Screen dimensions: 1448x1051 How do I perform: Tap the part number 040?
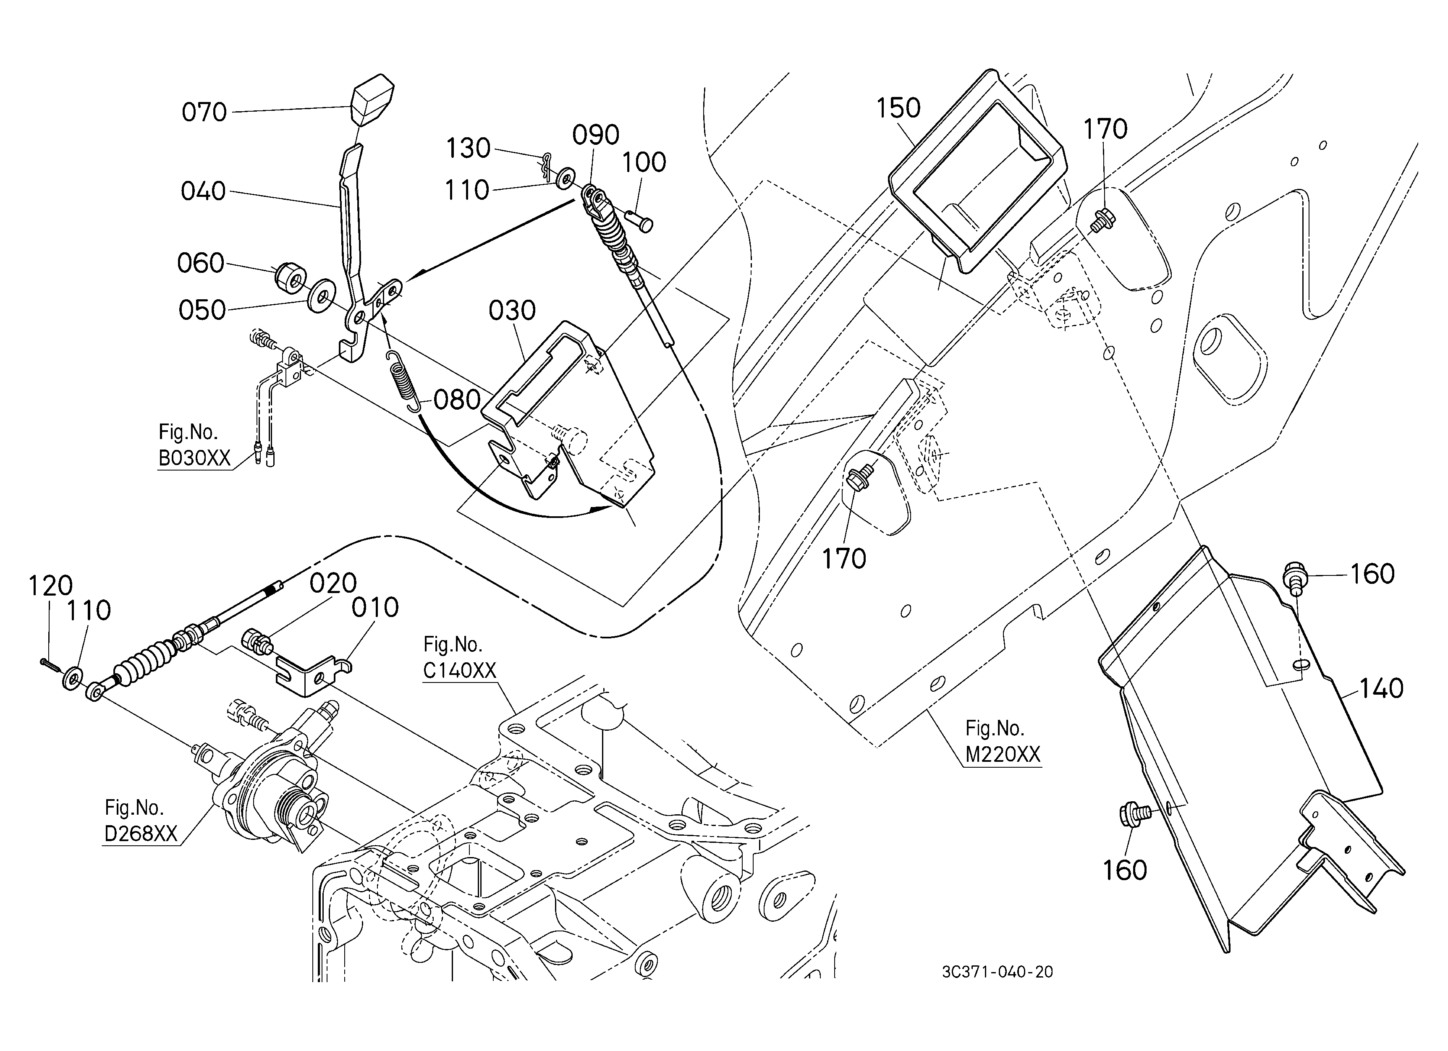[203, 191]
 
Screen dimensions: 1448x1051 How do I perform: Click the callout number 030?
[512, 311]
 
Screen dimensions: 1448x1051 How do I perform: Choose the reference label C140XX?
[459, 671]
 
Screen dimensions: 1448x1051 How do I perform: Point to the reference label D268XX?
[141, 834]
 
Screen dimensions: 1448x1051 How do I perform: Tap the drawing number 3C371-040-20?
[997, 972]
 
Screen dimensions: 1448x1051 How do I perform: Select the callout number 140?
[1381, 688]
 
